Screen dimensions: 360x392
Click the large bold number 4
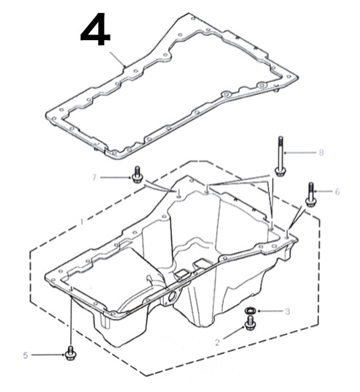point(95,29)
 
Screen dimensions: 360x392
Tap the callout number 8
point(321,152)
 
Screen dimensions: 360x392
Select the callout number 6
point(337,192)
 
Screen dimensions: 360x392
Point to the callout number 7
point(94,177)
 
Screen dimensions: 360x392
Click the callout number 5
point(26,355)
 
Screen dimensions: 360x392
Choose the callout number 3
point(288,312)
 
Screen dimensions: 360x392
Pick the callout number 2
point(217,342)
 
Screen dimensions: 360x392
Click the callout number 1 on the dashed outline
point(81,222)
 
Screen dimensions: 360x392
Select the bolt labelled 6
point(310,195)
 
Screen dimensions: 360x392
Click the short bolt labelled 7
point(137,174)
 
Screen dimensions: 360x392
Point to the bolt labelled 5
point(70,353)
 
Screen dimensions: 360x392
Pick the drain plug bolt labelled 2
point(250,323)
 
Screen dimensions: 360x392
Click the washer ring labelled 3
point(250,311)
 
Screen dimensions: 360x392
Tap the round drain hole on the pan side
point(173,297)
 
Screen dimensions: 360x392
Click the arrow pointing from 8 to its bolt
point(300,152)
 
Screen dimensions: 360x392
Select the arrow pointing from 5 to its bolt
point(48,355)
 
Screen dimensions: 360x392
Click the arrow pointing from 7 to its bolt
point(116,178)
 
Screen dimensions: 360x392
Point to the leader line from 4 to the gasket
point(117,59)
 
